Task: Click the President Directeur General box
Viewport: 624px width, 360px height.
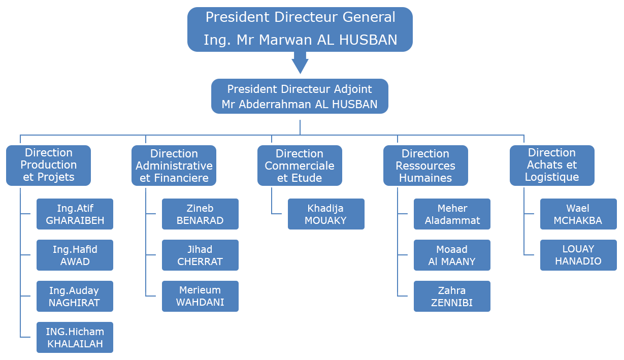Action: [x=300, y=29]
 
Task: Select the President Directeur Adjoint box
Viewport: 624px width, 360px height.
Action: [x=300, y=96]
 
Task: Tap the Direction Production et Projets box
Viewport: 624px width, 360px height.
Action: [x=49, y=165]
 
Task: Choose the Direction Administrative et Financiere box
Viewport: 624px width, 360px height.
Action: [x=174, y=166]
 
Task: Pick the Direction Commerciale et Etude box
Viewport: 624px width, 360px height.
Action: [x=300, y=166]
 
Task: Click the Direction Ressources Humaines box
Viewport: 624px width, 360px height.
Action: [x=425, y=166]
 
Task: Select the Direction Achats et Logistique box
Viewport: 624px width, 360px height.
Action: [x=551, y=165]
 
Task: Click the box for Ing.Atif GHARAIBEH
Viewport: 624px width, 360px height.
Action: [x=75, y=214]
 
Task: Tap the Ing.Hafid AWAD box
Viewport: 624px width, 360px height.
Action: [x=75, y=255]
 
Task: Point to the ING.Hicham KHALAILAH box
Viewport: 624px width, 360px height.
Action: [x=75, y=337]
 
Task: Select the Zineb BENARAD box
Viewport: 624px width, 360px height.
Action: [x=200, y=214]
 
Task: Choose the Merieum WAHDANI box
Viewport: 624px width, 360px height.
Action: [x=200, y=296]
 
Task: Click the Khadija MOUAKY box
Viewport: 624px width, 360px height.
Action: [x=325, y=214]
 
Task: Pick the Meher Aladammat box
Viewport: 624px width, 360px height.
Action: [x=452, y=214]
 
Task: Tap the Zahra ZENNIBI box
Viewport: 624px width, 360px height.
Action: [x=452, y=296]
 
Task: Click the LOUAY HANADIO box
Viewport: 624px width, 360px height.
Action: [x=578, y=255]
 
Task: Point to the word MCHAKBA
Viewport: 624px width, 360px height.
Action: [x=578, y=220]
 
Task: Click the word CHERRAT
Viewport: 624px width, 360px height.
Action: [x=200, y=261]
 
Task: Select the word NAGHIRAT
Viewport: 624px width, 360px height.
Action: [x=74, y=303]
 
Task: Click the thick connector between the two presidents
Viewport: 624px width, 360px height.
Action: [x=300, y=63]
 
